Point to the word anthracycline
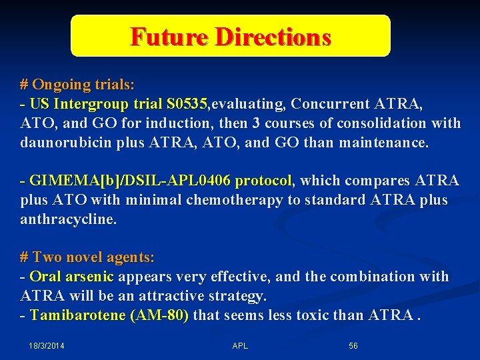click(x=68, y=219)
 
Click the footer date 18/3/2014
click(x=47, y=346)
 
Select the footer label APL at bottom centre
click(x=240, y=346)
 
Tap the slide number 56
click(x=353, y=346)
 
